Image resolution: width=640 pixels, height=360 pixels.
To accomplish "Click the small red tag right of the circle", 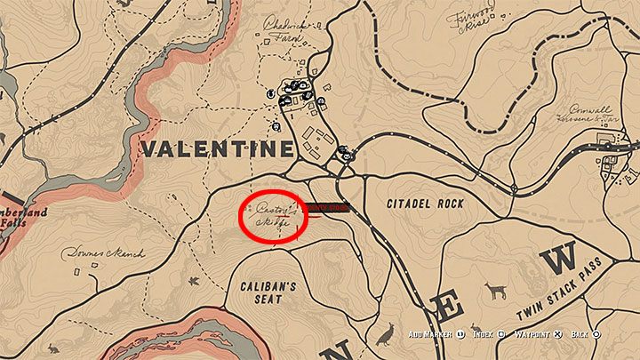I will [x=326, y=208].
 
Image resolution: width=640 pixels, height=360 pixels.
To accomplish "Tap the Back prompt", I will [x=584, y=334].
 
